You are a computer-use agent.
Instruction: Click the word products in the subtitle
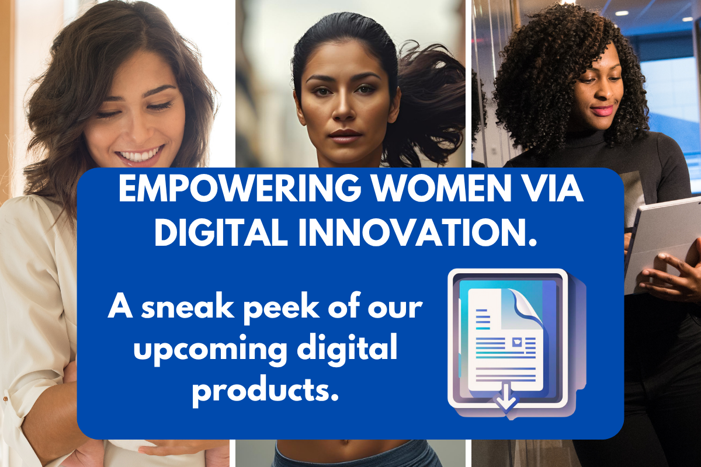[265, 391]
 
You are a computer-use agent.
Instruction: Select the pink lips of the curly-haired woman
[601, 110]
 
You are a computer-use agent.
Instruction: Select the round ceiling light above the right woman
[621, 13]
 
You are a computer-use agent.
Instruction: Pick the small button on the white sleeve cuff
[5, 399]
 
